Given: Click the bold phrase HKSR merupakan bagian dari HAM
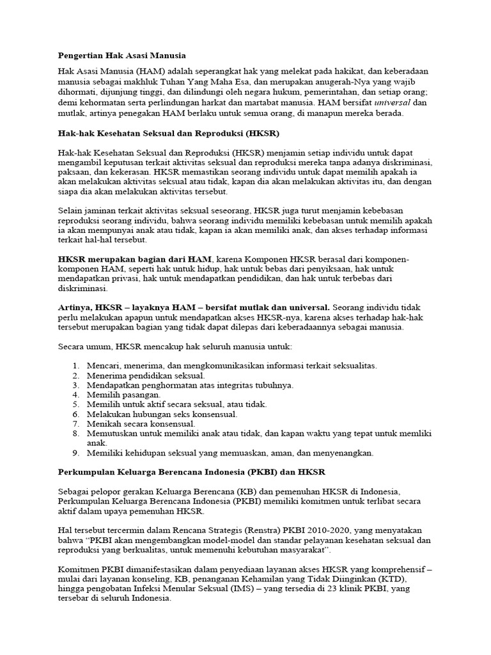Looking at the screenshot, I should click(135, 258).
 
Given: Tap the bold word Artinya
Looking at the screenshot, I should click(79, 308).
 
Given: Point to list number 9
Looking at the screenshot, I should click(74, 453).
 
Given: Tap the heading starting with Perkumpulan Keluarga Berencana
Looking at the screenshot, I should click(192, 472).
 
